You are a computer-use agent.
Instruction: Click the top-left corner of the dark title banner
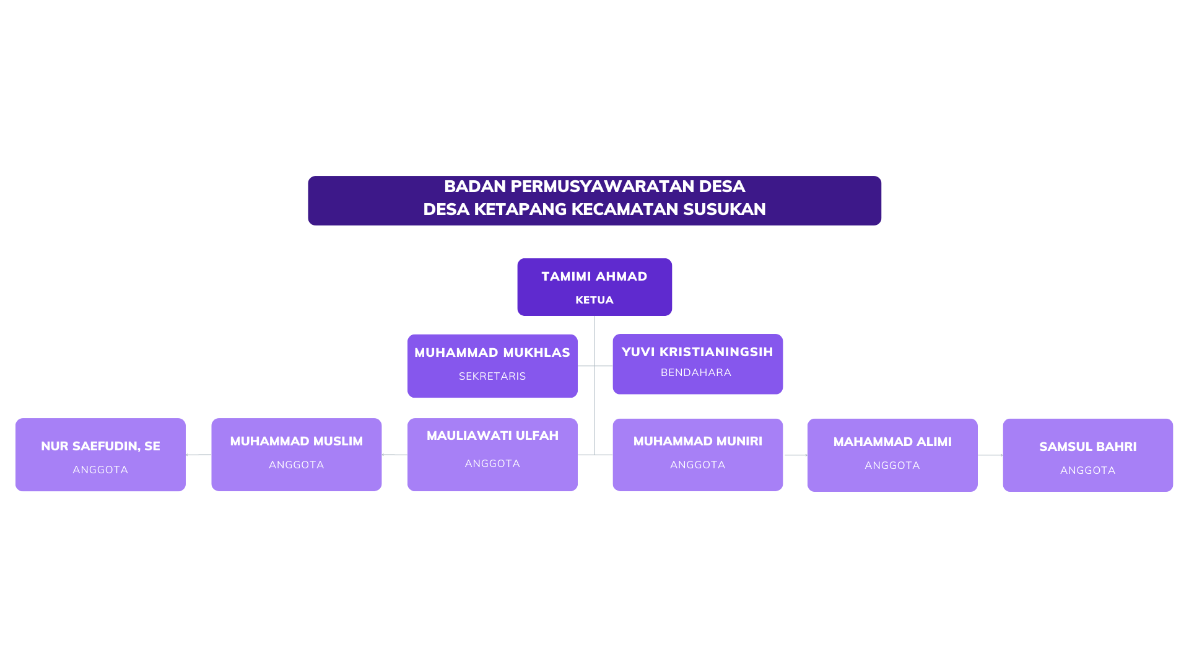(x=308, y=177)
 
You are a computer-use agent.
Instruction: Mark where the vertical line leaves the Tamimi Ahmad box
(x=594, y=316)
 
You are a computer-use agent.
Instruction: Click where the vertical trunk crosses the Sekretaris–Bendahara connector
(x=594, y=366)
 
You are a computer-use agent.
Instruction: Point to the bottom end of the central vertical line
(x=594, y=455)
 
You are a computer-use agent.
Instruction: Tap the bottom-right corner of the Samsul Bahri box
(x=1173, y=492)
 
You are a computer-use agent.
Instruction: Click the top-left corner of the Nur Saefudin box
(x=15, y=418)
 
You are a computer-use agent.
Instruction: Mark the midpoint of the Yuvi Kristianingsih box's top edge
(x=698, y=334)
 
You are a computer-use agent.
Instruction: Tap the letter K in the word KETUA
(x=579, y=300)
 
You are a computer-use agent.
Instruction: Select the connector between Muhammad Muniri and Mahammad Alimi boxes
(x=795, y=455)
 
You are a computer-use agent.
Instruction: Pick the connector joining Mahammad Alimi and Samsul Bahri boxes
(x=990, y=455)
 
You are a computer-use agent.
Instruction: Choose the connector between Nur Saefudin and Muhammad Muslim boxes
(x=198, y=455)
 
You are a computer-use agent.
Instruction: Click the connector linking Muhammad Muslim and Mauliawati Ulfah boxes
(x=394, y=455)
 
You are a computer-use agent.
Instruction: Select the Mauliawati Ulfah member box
(x=492, y=455)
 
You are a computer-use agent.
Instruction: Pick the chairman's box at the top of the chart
(x=594, y=287)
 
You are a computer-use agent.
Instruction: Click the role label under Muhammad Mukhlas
(x=492, y=376)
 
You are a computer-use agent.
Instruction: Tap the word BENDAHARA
(x=696, y=372)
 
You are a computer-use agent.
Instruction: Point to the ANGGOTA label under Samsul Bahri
(x=1088, y=470)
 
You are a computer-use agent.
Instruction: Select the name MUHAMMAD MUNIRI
(x=698, y=441)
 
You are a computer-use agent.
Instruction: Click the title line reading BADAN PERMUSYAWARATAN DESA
(x=594, y=186)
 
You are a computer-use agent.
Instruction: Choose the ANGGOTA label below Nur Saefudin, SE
(x=100, y=470)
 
